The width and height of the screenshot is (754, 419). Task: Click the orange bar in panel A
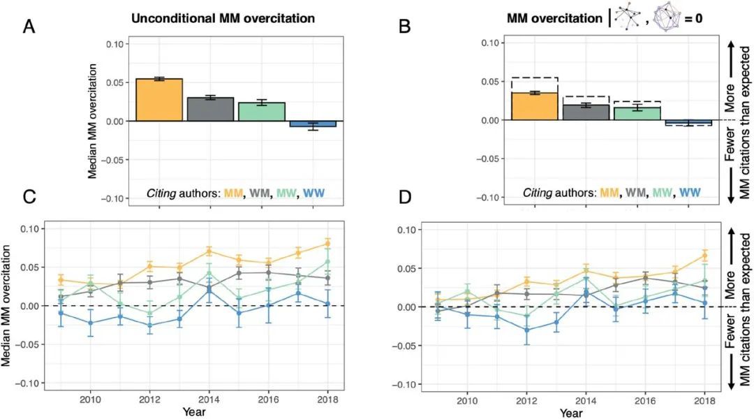coord(158,100)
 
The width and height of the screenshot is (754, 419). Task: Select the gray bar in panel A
coord(210,109)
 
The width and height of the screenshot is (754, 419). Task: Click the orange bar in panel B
coord(535,106)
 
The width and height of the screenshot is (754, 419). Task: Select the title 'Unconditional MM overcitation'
coord(223,19)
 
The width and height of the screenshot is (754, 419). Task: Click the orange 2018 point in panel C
coord(328,243)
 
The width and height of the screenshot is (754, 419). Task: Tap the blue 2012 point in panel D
coord(526,330)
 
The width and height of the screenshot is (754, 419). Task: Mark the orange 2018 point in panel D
coord(704,255)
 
